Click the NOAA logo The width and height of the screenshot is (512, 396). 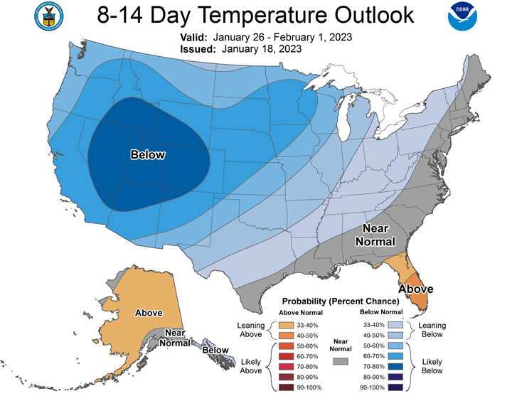click(x=462, y=16)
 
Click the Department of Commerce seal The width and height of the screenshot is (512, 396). click(x=49, y=16)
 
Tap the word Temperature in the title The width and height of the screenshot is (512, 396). click(x=262, y=15)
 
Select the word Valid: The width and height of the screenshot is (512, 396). click(x=193, y=37)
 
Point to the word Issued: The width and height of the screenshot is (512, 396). click(x=198, y=49)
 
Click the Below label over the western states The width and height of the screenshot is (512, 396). click(x=148, y=154)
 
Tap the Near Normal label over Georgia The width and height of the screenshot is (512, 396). click(x=375, y=235)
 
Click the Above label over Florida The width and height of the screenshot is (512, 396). click(x=416, y=289)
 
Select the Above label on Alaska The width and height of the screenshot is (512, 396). click(x=149, y=313)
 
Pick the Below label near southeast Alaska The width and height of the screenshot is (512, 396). click(x=215, y=350)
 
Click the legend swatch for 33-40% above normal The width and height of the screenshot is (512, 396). click(x=286, y=325)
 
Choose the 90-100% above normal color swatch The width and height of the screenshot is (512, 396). click(x=286, y=387)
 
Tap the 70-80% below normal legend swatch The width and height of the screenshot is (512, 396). click(x=395, y=367)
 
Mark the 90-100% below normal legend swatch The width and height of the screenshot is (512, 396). click(x=395, y=387)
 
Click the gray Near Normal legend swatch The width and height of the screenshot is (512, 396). click(x=341, y=361)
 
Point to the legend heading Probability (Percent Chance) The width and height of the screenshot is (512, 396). click(x=341, y=301)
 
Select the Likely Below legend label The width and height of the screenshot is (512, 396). click(x=432, y=366)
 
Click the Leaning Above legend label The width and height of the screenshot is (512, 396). click(x=251, y=330)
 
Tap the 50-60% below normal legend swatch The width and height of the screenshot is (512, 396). click(x=395, y=346)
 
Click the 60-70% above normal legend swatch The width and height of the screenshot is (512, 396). click(x=286, y=356)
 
